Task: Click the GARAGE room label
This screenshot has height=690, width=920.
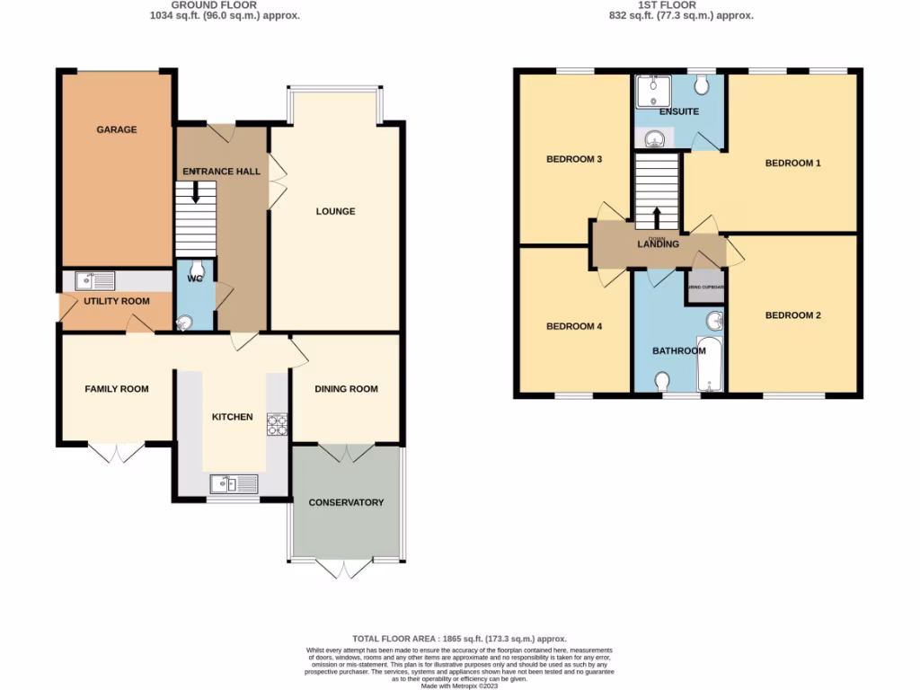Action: click(117, 129)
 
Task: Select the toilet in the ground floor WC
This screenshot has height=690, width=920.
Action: click(199, 267)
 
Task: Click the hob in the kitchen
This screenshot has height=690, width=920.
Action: click(276, 424)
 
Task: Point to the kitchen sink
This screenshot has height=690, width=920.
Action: click(234, 484)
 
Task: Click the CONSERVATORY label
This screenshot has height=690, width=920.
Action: click(346, 502)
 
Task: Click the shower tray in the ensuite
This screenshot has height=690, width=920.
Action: click(650, 90)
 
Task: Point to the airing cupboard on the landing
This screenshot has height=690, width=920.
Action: click(706, 288)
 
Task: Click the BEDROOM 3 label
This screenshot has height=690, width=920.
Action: click(573, 160)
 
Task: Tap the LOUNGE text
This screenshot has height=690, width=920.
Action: click(335, 212)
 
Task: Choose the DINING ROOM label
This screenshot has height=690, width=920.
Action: click(346, 389)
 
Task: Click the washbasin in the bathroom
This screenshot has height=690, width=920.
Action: click(715, 321)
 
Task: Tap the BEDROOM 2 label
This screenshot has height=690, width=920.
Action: click(792, 315)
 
